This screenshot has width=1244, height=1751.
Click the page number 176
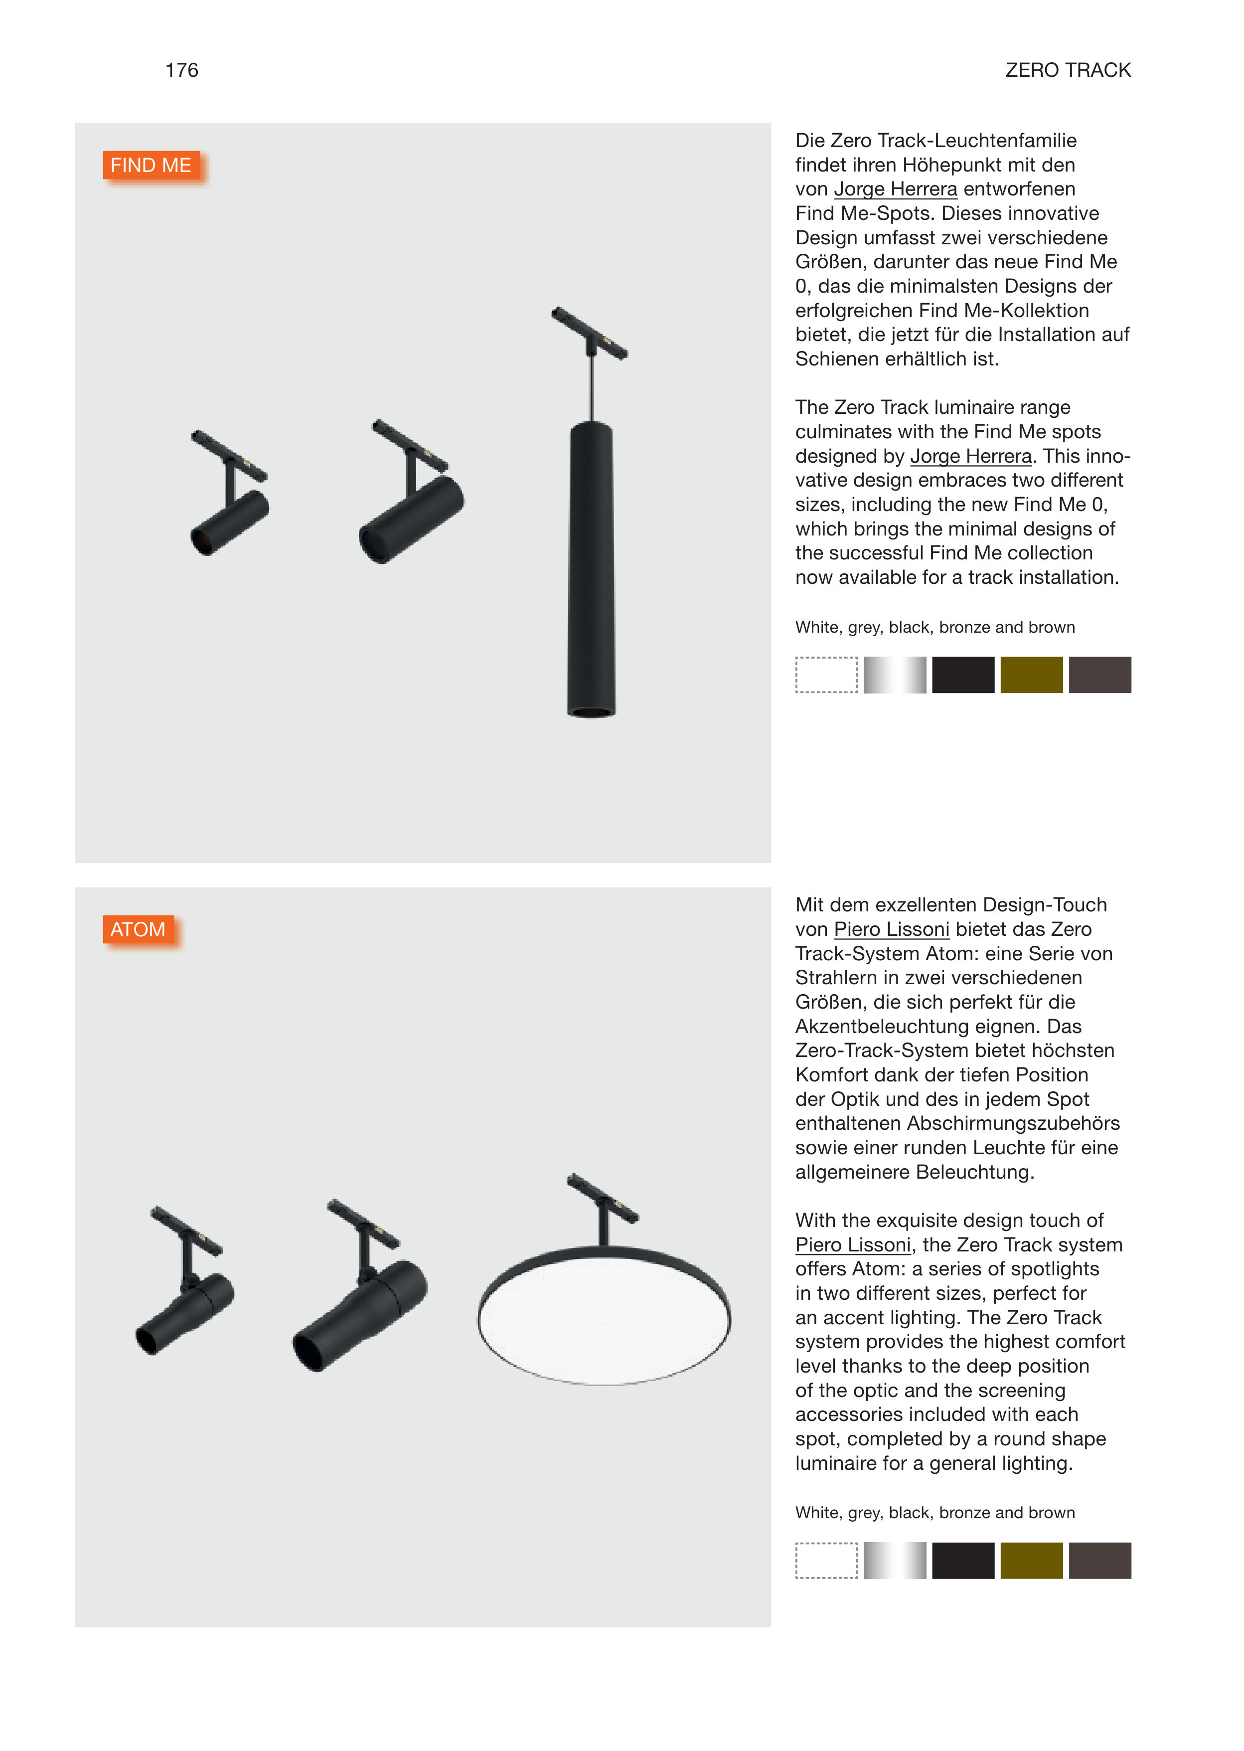click(181, 70)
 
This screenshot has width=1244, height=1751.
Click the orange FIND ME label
click(152, 166)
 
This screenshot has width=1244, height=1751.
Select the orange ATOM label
click(138, 929)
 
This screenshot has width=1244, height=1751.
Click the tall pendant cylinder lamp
click(591, 567)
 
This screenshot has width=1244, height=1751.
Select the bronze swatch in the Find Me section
click(1031, 675)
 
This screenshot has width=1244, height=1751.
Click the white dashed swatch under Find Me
click(826, 675)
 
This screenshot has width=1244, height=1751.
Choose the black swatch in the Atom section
click(963, 1560)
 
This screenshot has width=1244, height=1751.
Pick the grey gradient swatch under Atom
click(894, 1560)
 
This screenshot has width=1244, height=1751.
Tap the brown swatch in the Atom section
click(1099, 1560)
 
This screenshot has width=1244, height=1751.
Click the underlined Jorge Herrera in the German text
click(896, 189)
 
